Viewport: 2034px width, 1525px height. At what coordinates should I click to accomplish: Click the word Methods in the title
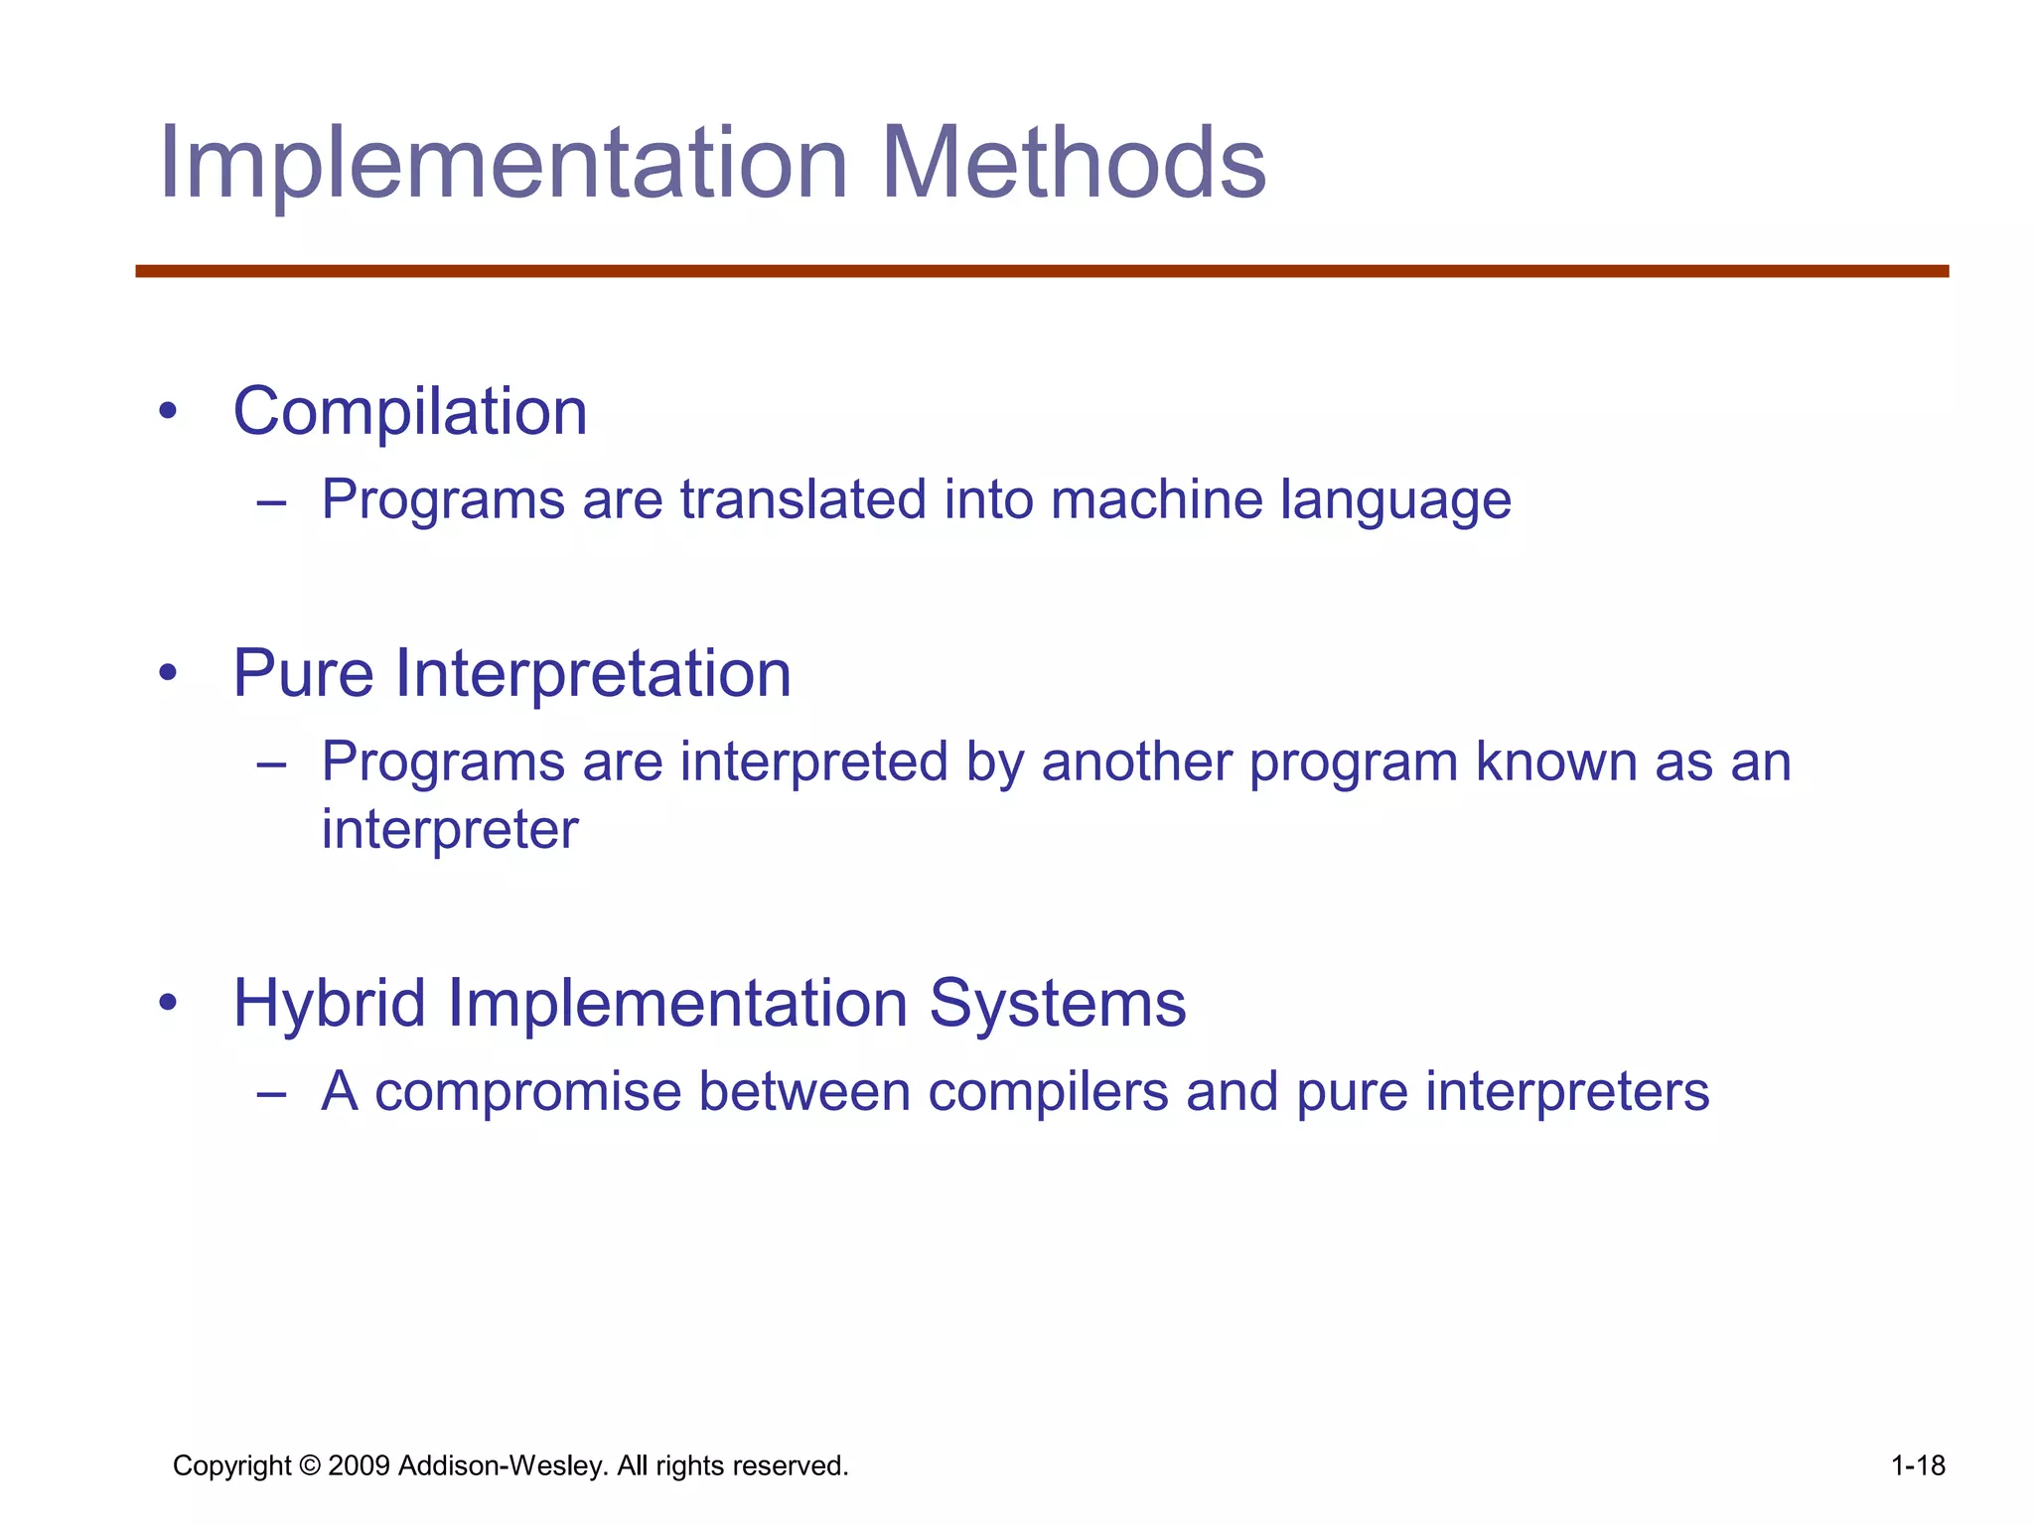coord(1073,164)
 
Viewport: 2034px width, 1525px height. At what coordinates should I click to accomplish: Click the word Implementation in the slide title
coord(503,164)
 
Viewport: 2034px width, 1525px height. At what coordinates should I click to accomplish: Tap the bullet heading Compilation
coord(410,412)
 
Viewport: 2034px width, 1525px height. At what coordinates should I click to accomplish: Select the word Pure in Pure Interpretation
coord(304,674)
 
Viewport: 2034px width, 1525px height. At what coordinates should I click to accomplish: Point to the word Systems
coord(1057,1004)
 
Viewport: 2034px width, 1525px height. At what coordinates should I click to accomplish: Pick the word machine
coord(1156,499)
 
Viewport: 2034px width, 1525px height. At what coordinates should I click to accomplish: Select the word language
coord(1395,501)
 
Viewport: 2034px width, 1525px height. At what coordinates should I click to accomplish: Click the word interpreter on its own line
coord(450,830)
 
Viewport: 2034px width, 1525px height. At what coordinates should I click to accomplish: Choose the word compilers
coord(1048,1092)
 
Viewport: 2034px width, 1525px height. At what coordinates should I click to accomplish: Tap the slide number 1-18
coord(1918,1465)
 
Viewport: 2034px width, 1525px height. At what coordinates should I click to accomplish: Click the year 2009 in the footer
coord(359,1465)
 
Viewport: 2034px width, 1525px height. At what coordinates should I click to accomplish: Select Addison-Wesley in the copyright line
coord(503,1465)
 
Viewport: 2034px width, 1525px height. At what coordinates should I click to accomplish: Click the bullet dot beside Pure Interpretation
coord(168,674)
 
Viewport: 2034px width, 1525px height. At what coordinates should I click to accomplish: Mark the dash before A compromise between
coord(270,1093)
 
